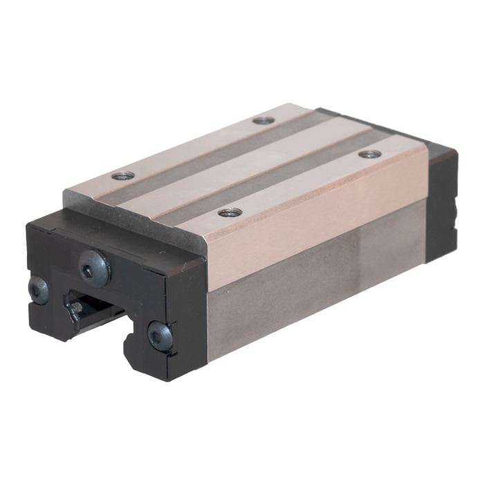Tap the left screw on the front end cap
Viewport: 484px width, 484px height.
[37, 289]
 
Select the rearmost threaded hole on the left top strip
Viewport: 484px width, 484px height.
[263, 120]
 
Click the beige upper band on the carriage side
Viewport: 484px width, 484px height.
[311, 228]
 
